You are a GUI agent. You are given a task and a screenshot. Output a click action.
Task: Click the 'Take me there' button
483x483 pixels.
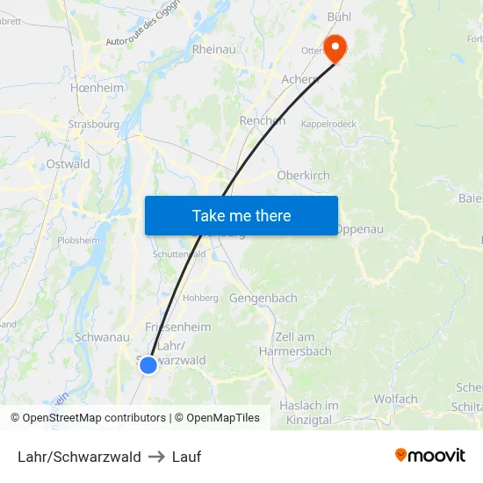click(241, 215)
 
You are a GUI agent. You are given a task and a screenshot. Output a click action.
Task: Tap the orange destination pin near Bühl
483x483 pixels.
click(335, 47)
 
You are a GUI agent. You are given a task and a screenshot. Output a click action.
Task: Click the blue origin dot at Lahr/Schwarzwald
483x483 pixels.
click(148, 364)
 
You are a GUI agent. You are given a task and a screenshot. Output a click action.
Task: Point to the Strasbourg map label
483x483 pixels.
click(93, 125)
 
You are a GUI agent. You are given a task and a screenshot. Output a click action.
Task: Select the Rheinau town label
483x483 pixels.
click(213, 50)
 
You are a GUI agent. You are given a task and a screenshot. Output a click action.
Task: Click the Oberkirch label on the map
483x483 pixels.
click(303, 176)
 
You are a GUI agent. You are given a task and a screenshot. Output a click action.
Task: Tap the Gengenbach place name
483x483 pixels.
click(263, 299)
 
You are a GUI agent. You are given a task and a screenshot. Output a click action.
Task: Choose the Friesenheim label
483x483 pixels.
click(177, 327)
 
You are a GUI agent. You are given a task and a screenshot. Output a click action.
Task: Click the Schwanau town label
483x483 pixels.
click(103, 337)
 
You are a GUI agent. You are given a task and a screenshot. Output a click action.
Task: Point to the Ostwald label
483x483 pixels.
click(68, 164)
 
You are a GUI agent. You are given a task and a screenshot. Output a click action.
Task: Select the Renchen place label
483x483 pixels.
click(262, 121)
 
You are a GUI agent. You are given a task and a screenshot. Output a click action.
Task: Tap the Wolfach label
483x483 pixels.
click(395, 400)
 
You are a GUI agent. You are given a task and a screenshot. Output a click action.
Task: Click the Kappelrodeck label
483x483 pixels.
click(329, 125)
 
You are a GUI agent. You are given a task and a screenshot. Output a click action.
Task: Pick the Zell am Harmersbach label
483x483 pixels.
click(295, 344)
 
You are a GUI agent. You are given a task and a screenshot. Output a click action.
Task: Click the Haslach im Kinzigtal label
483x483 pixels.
click(309, 413)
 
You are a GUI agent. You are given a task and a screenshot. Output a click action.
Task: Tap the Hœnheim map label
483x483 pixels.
click(97, 89)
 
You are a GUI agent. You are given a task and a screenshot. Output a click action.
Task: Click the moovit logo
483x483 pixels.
click(430, 456)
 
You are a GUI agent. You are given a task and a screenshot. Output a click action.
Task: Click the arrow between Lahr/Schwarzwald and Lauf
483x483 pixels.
click(156, 457)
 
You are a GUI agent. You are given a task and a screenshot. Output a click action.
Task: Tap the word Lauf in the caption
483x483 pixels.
click(186, 457)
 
